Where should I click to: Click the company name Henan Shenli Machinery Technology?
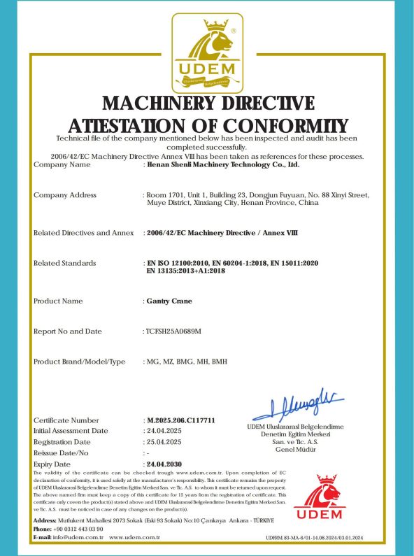(222, 165)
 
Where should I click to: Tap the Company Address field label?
(65, 195)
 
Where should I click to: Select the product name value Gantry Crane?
(169, 301)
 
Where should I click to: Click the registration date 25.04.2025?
(164, 442)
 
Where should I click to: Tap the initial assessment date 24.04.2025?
(164, 431)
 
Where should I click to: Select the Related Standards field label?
(65, 263)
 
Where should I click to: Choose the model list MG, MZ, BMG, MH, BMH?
(187, 362)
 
